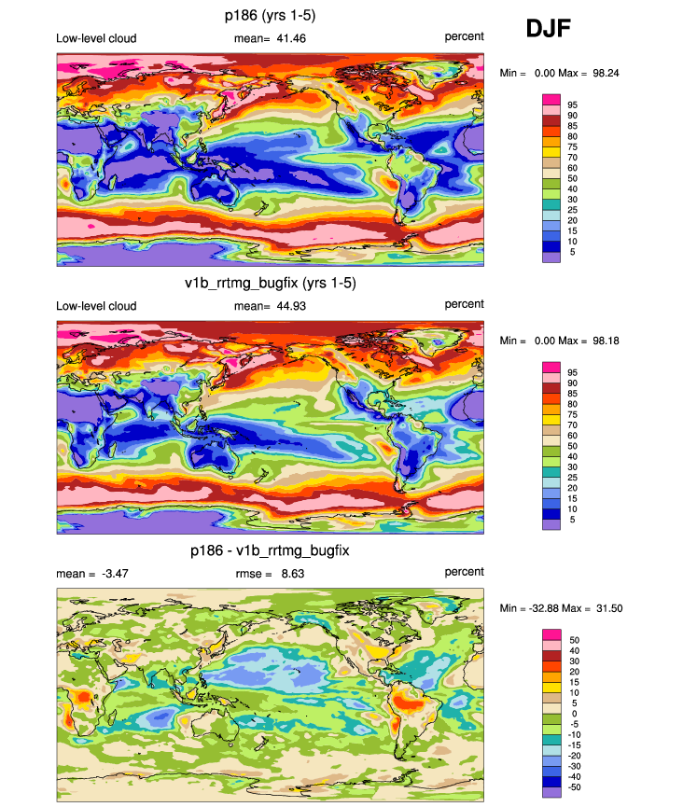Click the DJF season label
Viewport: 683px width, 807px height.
[548, 30]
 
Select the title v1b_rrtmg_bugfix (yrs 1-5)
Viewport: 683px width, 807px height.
[271, 282]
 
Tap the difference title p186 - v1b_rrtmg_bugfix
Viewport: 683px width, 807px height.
[271, 551]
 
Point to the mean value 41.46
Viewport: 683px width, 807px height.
[286, 38]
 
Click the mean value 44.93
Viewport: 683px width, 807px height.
[286, 306]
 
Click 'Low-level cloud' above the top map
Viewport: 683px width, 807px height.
[96, 38]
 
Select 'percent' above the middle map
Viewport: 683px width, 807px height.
[464, 305]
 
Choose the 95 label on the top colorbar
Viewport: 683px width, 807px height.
[573, 104]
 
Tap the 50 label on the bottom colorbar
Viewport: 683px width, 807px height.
[573, 640]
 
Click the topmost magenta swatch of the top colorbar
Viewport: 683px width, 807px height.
[551, 99]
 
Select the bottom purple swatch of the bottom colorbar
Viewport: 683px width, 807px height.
[551, 792]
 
